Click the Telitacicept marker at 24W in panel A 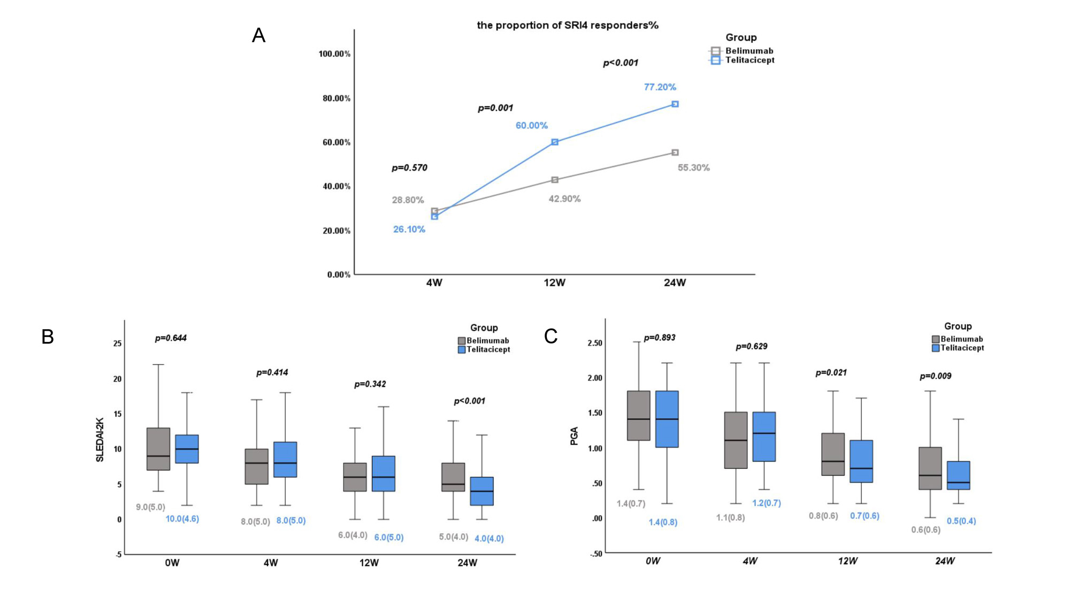click(x=675, y=104)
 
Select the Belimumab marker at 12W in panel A click(x=555, y=180)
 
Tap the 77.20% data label click(x=660, y=87)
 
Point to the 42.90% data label click(x=564, y=199)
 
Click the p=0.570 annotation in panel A click(x=409, y=167)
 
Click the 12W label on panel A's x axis click(x=554, y=283)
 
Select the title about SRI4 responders click(x=567, y=25)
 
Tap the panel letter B click(x=48, y=337)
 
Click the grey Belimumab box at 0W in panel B click(x=158, y=449)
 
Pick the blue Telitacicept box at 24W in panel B click(x=481, y=491)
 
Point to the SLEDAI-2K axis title click(x=100, y=439)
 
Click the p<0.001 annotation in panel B click(x=469, y=401)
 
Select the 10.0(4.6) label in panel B click(x=182, y=519)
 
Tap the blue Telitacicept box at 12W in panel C click(x=861, y=461)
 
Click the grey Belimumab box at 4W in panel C click(x=736, y=440)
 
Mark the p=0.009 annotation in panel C click(x=935, y=376)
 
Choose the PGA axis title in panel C click(x=574, y=436)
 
